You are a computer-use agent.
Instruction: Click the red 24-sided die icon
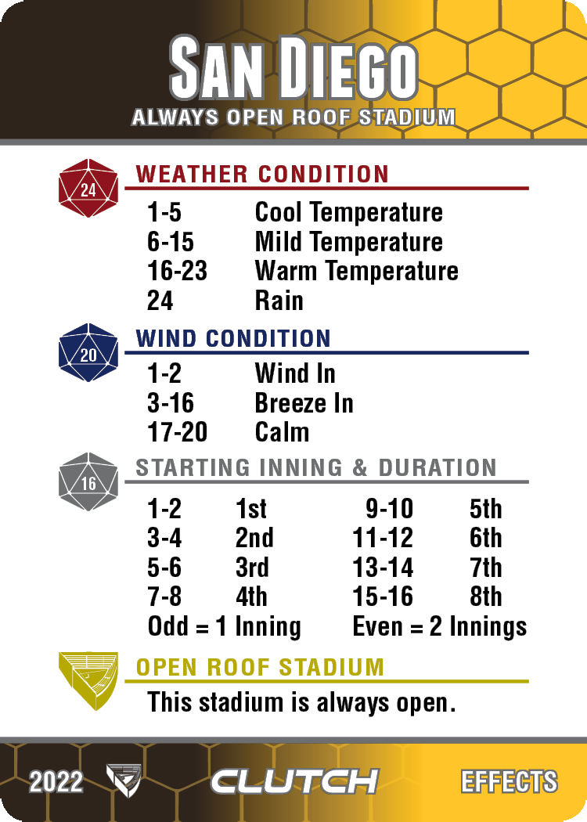coord(88,188)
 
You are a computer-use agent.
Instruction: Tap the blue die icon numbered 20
coord(88,353)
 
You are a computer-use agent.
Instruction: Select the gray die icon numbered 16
coord(88,481)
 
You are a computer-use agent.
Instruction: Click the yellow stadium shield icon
coord(88,681)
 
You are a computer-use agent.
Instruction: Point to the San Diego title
coord(293,68)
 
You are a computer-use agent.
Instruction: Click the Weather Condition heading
coord(262,174)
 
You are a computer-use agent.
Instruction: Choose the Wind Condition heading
coord(233,339)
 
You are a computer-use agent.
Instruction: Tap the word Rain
coord(279,301)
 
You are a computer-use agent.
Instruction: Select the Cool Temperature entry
coord(348,213)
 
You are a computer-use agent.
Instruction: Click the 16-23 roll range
coord(177,272)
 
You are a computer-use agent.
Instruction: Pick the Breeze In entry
coord(304,404)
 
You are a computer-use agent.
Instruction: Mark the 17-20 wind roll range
coord(177,432)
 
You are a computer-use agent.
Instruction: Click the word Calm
coord(282,432)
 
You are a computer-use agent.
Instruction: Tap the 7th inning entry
coord(485,568)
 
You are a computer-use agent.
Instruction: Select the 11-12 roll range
coord(383,539)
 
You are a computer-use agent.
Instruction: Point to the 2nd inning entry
coord(254,539)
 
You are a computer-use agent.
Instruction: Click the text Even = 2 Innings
coord(439,627)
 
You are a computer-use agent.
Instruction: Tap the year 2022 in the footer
coord(56,782)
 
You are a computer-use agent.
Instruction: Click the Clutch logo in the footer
coord(294,781)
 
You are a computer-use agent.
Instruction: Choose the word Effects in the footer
coord(509,781)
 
